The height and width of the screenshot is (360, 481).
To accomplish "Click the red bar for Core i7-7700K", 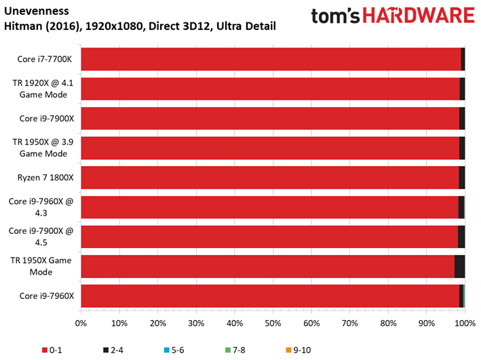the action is coord(271,59).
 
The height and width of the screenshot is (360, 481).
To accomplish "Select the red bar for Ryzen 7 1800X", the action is coord(270,178).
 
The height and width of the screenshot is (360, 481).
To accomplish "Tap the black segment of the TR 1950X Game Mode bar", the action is coord(459,266).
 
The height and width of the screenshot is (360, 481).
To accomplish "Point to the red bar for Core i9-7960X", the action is coord(270,296).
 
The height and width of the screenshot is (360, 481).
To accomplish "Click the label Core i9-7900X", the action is coord(47,119).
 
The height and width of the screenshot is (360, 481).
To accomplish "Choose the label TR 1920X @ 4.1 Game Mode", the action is coord(43,89).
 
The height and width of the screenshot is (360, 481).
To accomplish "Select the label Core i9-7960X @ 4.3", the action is coord(41,207).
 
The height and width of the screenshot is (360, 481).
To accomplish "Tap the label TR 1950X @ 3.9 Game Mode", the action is coord(43,148).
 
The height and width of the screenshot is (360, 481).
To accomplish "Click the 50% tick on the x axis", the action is coord(273,311).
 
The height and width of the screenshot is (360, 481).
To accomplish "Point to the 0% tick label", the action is coord(81,323).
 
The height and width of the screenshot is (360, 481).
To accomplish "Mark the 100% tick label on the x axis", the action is coord(465,323).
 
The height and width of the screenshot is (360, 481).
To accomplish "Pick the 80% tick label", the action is coord(388,323).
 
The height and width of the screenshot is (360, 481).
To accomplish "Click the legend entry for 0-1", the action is coord(52,350).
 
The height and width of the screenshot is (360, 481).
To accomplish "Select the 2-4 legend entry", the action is coord(113,350).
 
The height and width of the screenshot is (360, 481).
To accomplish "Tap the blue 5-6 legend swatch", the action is coord(167,350).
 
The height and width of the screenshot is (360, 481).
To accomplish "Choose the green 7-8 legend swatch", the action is coord(228,350).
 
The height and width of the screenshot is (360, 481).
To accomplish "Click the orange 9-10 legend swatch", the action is coord(288,350).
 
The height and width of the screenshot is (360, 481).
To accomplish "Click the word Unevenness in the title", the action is coord(37,11).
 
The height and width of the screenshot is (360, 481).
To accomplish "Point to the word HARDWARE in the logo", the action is coord(419,16).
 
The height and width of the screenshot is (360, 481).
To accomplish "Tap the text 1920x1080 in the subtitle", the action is coord(114,26).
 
